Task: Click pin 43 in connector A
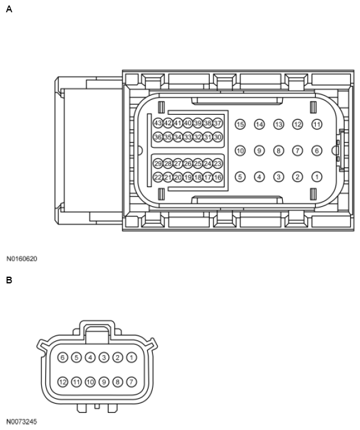158,123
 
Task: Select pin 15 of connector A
240,125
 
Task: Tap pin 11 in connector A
316,125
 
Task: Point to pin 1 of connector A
316,177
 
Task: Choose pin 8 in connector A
278,150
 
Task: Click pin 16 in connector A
217,177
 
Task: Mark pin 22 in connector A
158,177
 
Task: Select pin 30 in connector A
217,137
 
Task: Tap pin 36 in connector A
158,137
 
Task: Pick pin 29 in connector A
158,164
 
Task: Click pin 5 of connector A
240,177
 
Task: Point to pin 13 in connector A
278,125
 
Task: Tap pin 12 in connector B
63,382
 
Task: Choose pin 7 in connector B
131,382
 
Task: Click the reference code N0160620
22,259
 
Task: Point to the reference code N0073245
22,422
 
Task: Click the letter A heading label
9,9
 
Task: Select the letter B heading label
9,280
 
